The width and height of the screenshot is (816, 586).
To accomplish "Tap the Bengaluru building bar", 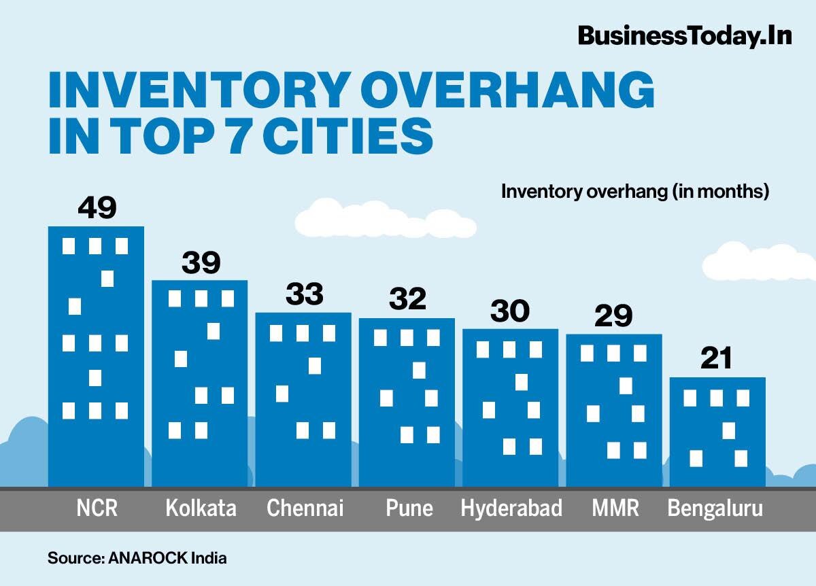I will (717, 432).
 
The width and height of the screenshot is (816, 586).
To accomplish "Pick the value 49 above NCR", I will (97, 208).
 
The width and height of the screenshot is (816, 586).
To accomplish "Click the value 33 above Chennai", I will (304, 295).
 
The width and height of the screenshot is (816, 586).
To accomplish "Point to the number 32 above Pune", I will (407, 299).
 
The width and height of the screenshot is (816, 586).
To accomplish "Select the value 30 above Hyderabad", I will (510, 311).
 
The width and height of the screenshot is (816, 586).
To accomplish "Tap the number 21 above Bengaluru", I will (716, 358).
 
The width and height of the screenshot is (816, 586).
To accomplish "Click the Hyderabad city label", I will (511, 509).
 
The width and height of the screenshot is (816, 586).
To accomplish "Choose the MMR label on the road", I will (615, 509).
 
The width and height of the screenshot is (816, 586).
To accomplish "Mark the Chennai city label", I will (305, 509).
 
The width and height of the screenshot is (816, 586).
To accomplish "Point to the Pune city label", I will (409, 509).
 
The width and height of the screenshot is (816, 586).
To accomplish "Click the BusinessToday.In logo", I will (685, 35).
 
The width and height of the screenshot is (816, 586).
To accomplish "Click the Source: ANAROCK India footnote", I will (137, 559).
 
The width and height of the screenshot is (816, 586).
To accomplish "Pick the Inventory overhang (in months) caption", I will (634, 192).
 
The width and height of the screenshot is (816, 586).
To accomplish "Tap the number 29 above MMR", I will (613, 316).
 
